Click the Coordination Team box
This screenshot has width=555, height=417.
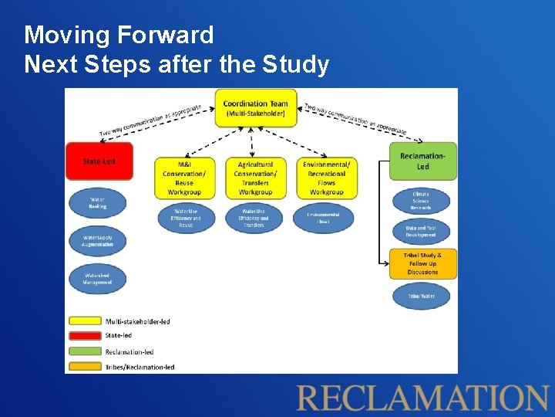point(254,109)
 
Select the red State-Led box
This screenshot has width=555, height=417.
point(99,161)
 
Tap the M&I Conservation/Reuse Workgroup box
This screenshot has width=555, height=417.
point(184,178)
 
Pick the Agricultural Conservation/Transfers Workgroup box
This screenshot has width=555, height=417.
point(255,178)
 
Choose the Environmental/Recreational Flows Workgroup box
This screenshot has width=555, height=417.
point(326,178)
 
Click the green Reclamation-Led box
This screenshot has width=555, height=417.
point(422,161)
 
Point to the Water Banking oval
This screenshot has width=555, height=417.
point(97,203)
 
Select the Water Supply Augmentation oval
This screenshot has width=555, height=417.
point(97,241)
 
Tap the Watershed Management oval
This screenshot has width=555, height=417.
point(97,279)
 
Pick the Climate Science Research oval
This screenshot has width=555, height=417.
point(421,201)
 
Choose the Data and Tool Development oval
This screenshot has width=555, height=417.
point(421,231)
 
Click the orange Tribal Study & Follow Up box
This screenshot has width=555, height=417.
point(422,263)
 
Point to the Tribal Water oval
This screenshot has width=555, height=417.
point(421,296)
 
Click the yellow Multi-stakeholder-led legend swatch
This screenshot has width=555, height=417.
point(85,320)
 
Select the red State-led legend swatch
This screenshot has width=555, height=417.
point(85,336)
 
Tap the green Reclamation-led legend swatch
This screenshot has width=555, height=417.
point(85,351)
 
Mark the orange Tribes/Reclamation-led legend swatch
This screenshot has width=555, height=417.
point(85,367)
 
